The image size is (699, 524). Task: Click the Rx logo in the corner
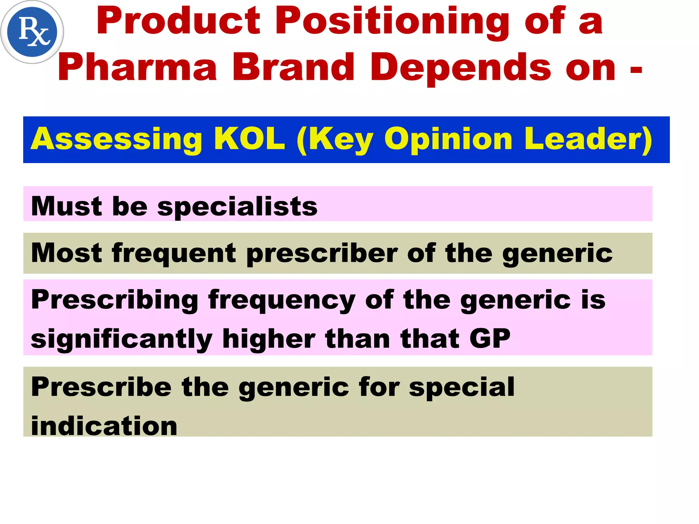click(x=32, y=32)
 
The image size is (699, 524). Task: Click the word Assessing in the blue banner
click(x=116, y=139)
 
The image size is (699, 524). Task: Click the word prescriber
click(x=322, y=253)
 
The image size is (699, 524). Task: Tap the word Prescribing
click(x=115, y=300)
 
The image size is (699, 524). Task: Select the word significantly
click(x=122, y=339)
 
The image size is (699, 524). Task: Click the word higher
click(x=269, y=339)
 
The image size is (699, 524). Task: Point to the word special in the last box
click(x=461, y=387)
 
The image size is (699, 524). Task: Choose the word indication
click(x=104, y=426)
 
